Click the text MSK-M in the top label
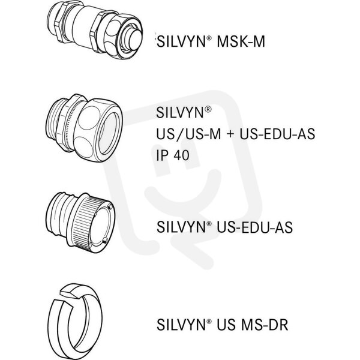click(x=241, y=41)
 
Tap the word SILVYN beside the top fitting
click(x=181, y=41)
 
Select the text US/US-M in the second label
click(x=188, y=134)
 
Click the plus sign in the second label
click(x=230, y=134)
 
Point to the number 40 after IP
click(x=182, y=155)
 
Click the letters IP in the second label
click(x=162, y=155)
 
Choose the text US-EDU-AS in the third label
click(x=255, y=227)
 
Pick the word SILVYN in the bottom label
click(x=181, y=325)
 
